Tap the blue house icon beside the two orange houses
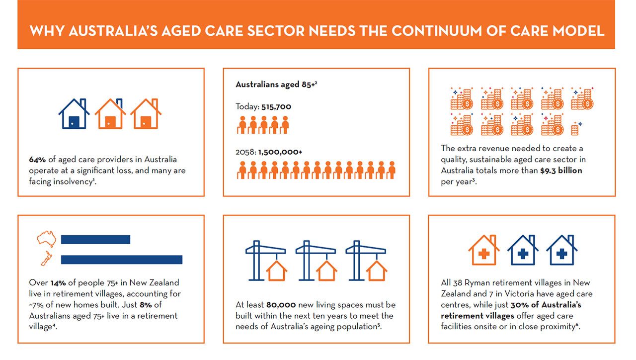(x=74, y=114)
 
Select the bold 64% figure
(x=37, y=160)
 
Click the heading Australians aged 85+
(x=276, y=85)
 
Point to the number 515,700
(x=276, y=107)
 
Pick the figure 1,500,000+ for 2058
(x=280, y=152)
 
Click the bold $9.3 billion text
(x=561, y=171)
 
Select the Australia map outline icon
(x=47, y=238)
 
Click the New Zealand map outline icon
(x=47, y=258)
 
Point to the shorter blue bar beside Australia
(x=96, y=240)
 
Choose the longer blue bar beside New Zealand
(x=122, y=260)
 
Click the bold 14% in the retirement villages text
(x=58, y=283)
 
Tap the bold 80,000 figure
(x=281, y=305)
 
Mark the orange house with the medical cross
(x=484, y=250)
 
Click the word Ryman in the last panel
(x=477, y=283)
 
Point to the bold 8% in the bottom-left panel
(x=146, y=305)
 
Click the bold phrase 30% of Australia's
(x=546, y=305)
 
